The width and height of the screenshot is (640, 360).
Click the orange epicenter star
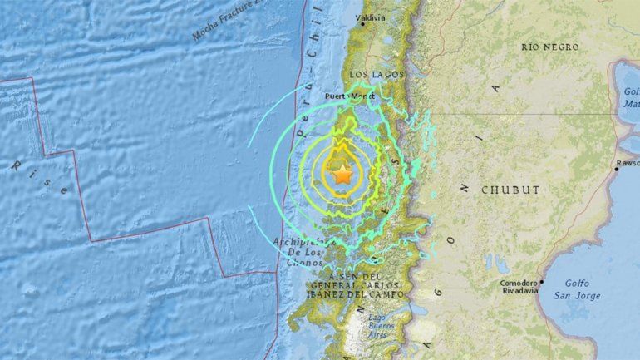pos(342,174)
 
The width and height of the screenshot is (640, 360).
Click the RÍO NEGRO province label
pos(549,47)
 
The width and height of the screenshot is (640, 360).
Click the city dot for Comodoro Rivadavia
pos(541,280)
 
